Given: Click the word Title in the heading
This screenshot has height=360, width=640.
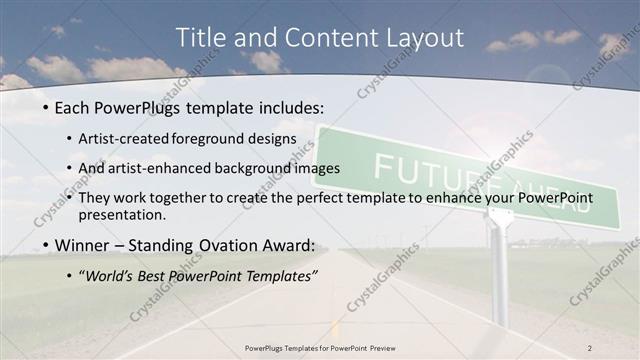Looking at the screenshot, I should (201, 38).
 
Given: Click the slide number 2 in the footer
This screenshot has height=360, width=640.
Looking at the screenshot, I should (589, 347).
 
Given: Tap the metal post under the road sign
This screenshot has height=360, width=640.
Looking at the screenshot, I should (500, 270).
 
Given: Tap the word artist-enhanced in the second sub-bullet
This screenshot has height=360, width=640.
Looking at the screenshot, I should (178, 168).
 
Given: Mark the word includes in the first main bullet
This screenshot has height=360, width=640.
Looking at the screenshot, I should (296, 105).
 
